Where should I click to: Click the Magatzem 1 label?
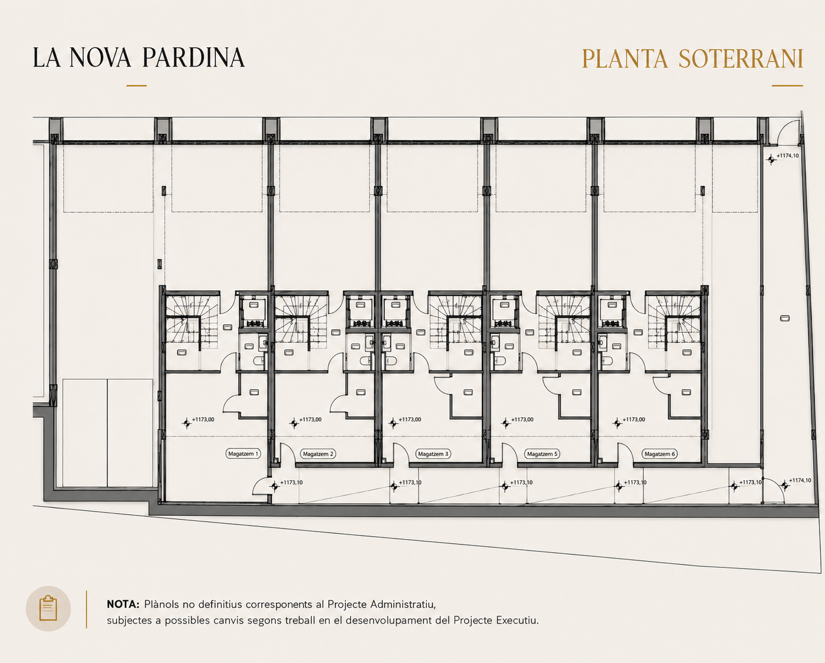pos(244,454)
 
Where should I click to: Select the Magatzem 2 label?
pos(318,454)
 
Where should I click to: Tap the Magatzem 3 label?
pos(433,454)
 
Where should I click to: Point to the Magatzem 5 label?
pos(542,454)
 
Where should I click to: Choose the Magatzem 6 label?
pos(660,454)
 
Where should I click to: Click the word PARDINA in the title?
pos(193,58)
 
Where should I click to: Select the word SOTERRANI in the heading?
pos(741,58)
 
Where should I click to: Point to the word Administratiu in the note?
pos(403,605)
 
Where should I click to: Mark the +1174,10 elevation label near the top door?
pos(788,156)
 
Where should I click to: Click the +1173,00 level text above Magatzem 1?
pos(203,419)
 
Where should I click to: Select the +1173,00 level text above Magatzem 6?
pos(634,419)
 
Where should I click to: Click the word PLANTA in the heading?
pos(625,58)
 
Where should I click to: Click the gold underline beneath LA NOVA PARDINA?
pos(136,86)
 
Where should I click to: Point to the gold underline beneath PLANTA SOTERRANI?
pos(787,86)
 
